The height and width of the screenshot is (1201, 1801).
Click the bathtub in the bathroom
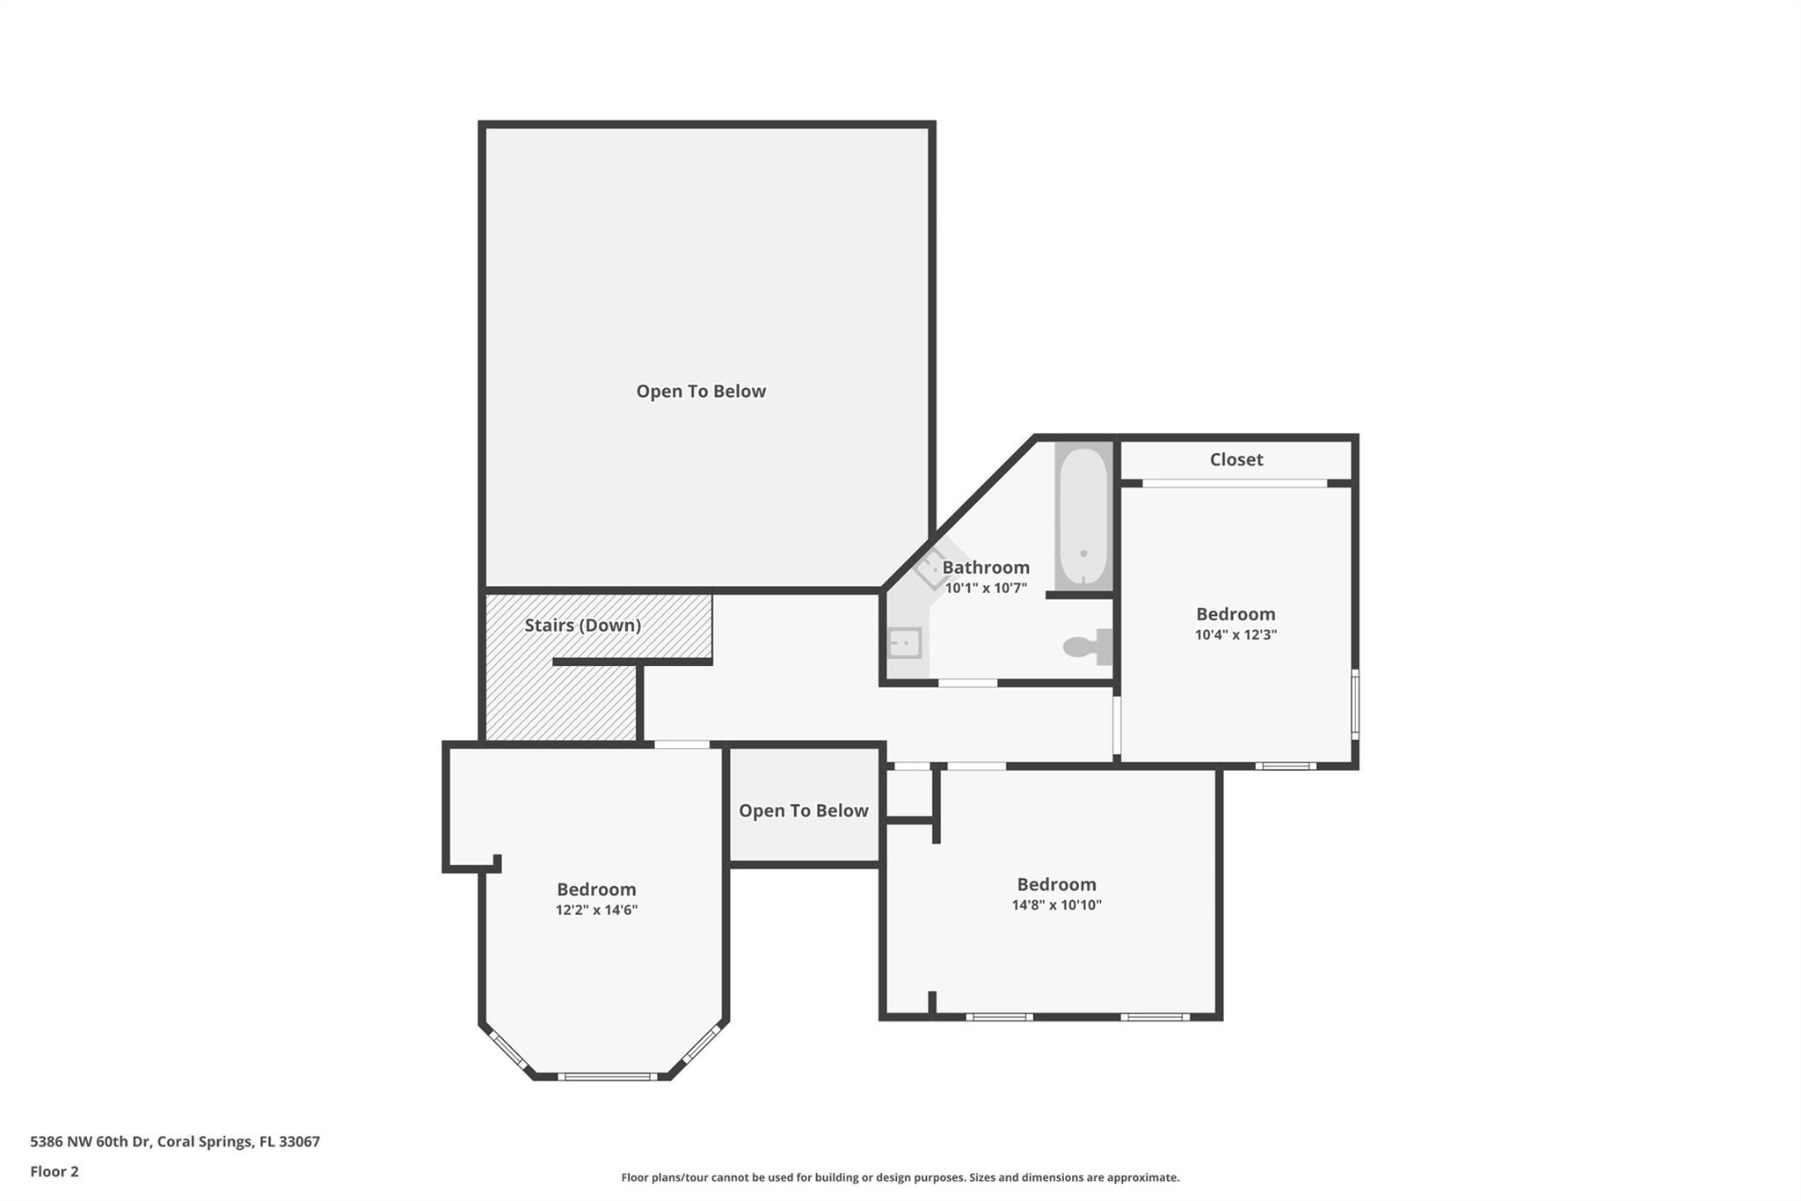coord(1083,516)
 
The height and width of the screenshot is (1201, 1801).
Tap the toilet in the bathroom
coord(1088,647)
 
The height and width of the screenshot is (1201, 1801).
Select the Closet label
coord(1236,459)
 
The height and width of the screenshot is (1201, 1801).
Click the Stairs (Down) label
coord(582,626)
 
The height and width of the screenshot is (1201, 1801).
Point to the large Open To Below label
coord(701,392)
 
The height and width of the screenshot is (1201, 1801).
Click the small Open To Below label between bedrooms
coord(803,811)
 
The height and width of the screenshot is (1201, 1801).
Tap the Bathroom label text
coord(986,568)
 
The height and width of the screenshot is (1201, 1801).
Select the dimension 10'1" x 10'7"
coord(986,588)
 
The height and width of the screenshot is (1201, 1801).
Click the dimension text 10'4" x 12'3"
coord(1236,634)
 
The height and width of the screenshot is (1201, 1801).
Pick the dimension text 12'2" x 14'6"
coord(596,910)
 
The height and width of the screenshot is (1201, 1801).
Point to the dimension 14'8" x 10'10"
coord(1056,904)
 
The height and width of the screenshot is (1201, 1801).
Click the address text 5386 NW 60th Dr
coord(91,1142)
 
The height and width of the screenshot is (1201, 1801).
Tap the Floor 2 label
coord(55,1172)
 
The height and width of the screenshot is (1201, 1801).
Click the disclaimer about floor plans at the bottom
coord(900,1177)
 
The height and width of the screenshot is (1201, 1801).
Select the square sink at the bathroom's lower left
coord(904,643)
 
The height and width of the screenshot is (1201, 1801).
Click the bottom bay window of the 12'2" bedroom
coord(607,1076)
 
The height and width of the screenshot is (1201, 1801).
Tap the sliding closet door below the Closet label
coord(1235,483)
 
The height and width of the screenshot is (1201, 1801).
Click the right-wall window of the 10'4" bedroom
coord(1355,704)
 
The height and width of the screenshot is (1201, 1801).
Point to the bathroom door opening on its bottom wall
coord(967,683)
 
